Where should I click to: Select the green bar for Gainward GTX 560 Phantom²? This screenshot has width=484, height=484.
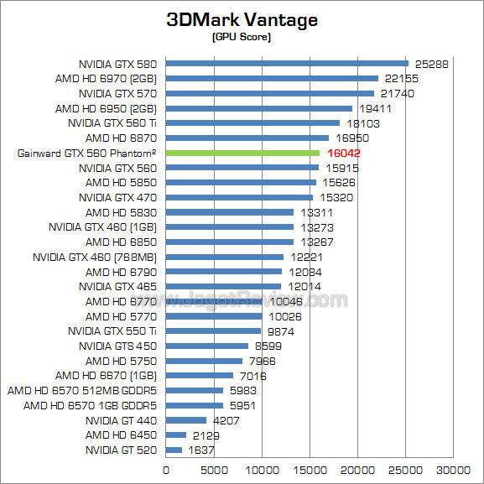coord(242,153)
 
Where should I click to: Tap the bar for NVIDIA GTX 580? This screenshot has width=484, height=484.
coord(287,63)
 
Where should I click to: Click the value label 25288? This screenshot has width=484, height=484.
coord(432,64)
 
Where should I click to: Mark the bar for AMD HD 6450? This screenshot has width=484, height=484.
coord(176,435)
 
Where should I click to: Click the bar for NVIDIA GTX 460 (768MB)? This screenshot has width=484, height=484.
coord(225,257)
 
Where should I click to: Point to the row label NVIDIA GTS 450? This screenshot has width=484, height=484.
coord(118,346)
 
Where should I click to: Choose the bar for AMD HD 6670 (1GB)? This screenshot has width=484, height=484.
coord(200,376)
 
